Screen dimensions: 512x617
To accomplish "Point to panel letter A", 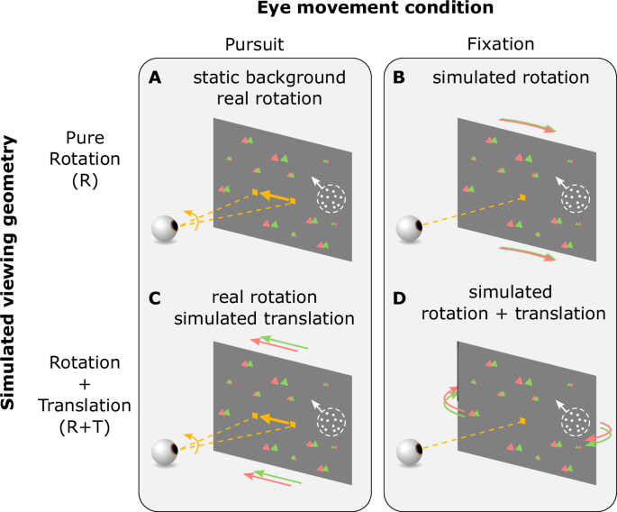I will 156,79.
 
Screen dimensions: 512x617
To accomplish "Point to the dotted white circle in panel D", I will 576,420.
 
